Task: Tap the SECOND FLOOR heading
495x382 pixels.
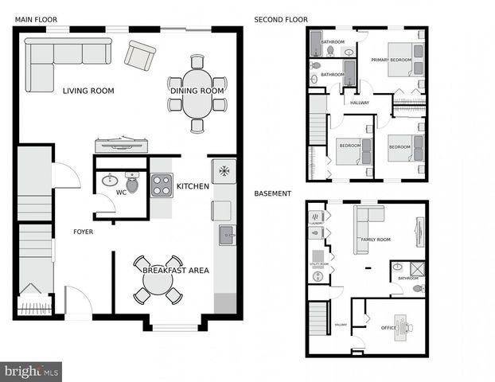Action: [281, 20]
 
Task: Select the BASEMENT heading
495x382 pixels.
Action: [273, 193]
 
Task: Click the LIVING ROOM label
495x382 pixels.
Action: [88, 91]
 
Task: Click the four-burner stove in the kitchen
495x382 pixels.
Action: [162, 185]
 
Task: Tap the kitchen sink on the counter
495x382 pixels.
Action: [227, 235]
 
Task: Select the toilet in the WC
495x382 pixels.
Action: [132, 184]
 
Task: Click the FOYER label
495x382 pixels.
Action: [84, 232]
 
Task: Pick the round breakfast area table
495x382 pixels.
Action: [158, 280]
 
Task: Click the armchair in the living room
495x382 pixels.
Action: [141, 55]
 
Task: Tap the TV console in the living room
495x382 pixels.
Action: [121, 144]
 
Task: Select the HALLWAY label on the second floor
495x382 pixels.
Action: [360, 102]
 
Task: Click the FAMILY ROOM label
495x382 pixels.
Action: [376, 240]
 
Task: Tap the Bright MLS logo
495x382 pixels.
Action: [32, 372]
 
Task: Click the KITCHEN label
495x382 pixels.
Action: [193, 187]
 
